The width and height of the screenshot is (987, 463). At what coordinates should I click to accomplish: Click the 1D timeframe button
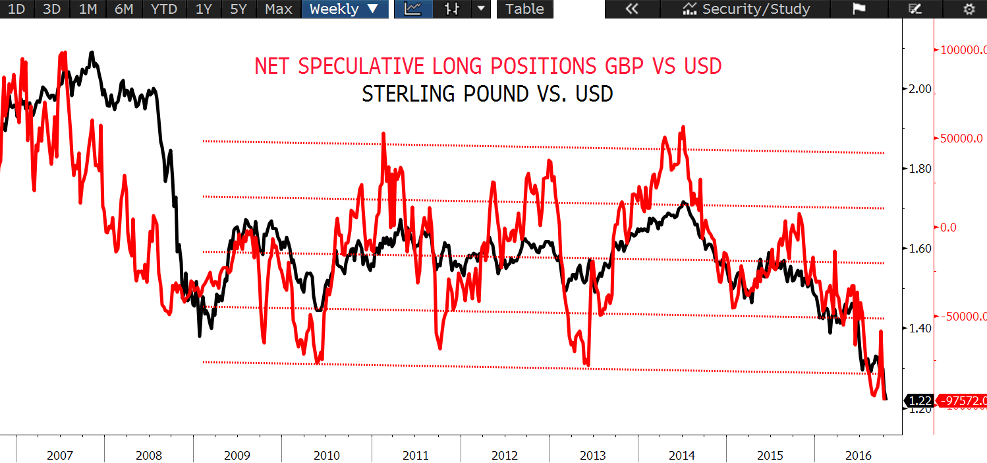16,9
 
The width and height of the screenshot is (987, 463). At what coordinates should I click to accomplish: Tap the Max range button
278,9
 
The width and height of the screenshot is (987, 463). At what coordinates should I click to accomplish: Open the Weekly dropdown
344,9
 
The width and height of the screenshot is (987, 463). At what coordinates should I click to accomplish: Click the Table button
524,9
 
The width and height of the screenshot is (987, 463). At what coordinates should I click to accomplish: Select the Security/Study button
747,9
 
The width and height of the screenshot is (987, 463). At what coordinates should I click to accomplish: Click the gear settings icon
968,9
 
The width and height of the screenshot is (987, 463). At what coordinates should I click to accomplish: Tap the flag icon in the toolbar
858,9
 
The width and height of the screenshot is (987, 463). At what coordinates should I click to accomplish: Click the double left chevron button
632,9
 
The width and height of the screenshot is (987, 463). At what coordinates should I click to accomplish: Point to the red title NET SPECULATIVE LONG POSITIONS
488,66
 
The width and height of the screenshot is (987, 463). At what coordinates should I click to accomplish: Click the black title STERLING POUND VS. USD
488,94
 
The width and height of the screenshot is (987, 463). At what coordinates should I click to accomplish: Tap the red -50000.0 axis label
963,317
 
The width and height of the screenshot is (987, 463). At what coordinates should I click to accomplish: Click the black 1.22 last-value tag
919,400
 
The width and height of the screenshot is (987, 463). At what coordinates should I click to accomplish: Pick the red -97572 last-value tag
962,400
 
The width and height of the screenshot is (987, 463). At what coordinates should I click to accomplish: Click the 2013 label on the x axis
593,455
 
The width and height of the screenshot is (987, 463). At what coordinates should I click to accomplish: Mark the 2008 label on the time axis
149,455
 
